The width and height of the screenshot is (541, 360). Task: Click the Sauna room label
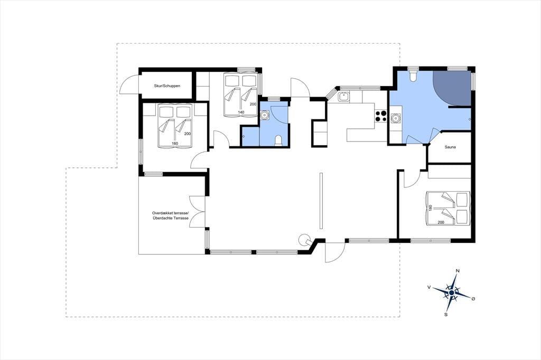click(450, 147)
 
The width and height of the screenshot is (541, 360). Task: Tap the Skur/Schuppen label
click(167, 86)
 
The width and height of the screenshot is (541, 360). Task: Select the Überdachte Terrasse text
click(171, 219)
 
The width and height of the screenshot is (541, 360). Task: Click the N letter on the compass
click(458, 271)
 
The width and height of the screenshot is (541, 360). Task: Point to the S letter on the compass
click(446, 315)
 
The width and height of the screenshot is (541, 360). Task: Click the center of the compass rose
click(451, 293)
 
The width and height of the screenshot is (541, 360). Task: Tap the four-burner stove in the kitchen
click(381, 116)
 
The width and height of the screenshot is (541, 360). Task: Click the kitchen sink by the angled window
click(343, 97)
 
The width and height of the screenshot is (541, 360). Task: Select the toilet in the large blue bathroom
click(413, 76)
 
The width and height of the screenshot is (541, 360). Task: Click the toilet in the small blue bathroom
click(278, 141)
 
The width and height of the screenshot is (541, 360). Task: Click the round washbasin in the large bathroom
click(395, 118)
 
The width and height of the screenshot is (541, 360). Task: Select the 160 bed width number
click(174, 144)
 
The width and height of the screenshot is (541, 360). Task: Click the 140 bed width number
click(241, 112)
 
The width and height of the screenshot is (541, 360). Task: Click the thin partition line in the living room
click(321, 201)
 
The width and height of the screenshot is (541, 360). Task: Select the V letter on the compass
click(429, 287)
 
